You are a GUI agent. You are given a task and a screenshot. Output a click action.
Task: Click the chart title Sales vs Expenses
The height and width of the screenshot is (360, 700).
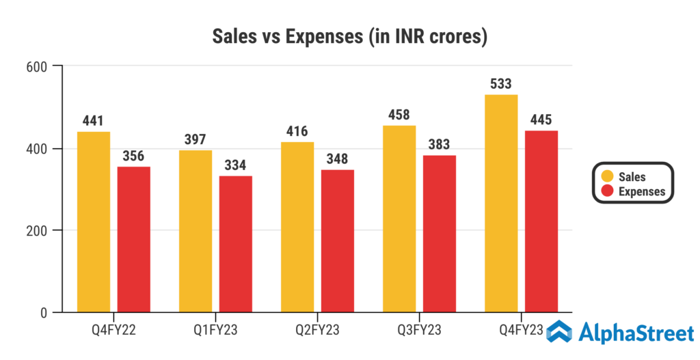tap(349, 36)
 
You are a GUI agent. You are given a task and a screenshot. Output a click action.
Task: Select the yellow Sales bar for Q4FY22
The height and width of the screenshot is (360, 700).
tap(94, 222)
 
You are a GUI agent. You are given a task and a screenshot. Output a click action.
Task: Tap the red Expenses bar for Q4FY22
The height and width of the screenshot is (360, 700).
tap(134, 240)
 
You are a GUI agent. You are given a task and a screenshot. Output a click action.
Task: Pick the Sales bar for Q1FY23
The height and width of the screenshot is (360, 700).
tap(196, 232)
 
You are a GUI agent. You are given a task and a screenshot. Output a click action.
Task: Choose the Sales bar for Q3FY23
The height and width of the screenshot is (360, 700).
tap(399, 219)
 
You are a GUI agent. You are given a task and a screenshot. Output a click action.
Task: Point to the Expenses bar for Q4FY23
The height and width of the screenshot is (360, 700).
tap(541, 221)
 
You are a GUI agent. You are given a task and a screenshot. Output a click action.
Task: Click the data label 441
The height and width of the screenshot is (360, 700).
tap(93, 122)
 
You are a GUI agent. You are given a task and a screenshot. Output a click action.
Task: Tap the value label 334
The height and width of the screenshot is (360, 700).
tap(236, 166)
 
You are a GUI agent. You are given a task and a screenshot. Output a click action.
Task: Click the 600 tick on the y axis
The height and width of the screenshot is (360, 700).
tap(36, 66)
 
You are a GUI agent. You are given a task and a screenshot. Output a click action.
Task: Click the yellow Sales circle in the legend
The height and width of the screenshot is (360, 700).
tap(606, 176)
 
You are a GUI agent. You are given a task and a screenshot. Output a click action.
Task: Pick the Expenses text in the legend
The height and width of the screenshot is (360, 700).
tap(641, 191)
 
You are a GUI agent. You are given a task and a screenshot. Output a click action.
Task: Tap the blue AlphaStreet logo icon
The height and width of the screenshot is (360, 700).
tap(560, 333)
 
